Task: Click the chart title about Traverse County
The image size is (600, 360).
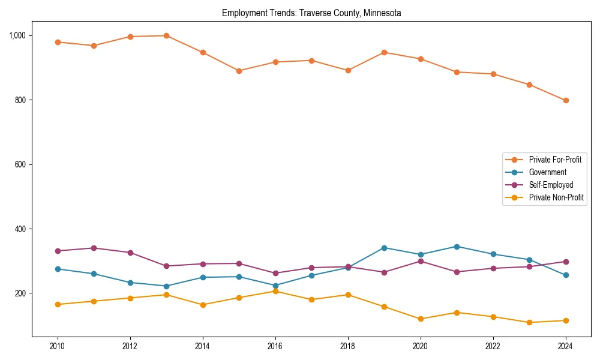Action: click(311, 13)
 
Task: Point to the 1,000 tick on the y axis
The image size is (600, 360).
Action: click(17, 35)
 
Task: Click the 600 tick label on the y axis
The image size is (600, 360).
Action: click(21, 164)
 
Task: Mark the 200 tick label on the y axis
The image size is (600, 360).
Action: click(21, 293)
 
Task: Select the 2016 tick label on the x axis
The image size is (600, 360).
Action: click(275, 346)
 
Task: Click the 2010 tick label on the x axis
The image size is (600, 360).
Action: click(58, 346)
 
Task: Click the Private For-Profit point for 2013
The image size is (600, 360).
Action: click(166, 35)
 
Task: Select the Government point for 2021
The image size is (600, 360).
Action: click(457, 247)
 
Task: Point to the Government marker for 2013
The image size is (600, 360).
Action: click(166, 286)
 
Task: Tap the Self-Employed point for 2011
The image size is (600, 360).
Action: click(94, 248)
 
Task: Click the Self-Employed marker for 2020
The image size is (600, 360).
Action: click(421, 261)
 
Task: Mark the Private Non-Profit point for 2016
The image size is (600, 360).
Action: click(275, 291)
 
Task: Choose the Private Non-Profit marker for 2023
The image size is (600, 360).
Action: click(529, 322)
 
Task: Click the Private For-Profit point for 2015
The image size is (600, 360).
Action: click(239, 71)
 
